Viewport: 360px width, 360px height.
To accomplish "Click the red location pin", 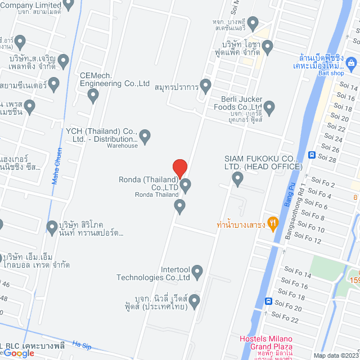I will pos(179,168).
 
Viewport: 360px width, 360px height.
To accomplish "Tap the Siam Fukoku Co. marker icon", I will pos(237,179).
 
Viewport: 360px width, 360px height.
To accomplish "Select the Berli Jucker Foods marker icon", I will pos(269,106).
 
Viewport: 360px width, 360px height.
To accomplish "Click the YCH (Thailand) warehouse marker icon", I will pos(145,136).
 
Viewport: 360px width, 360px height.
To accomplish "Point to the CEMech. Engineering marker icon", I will pos(93,97).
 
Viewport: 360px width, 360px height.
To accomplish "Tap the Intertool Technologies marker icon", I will pos(197,273).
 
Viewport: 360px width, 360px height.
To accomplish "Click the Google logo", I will pos(19,353).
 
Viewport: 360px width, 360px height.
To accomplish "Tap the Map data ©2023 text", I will pos(335,355).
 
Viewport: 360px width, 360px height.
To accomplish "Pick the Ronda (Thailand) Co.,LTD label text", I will pos(148,183).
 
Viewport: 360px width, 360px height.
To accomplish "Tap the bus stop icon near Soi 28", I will pos(311,155).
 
